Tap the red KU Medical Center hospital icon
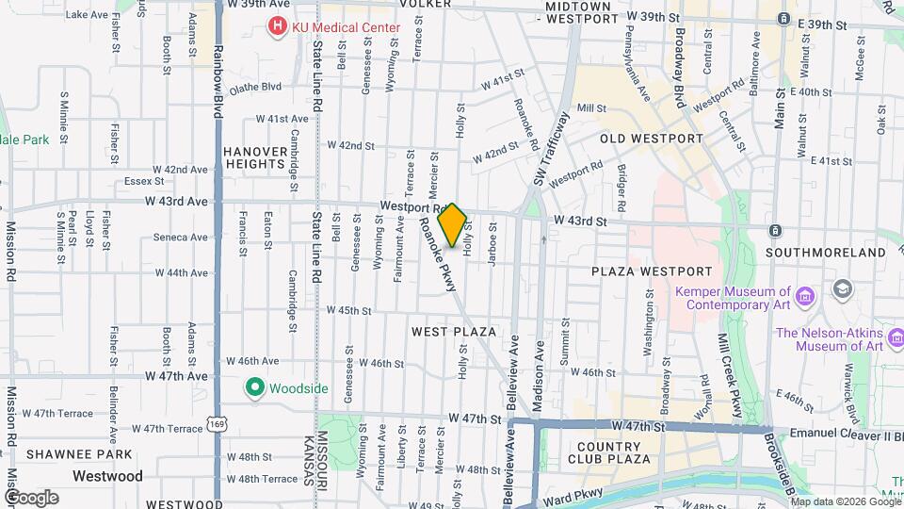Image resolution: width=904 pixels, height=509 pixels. tap(278, 27)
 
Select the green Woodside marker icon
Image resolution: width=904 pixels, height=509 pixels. tap(253, 386)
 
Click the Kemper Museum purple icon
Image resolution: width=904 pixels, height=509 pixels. tap(804, 298)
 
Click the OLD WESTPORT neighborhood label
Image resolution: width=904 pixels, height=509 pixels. tap(652, 139)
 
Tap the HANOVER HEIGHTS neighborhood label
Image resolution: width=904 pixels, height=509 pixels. tap(253, 156)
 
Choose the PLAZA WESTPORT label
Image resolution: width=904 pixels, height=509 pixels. tap(643, 271)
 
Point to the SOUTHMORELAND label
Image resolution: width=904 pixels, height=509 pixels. tap(825, 253)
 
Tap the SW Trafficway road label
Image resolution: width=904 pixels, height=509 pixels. tap(552, 149)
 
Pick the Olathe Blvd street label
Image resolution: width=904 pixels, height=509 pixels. tap(254, 87)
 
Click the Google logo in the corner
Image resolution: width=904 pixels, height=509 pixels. tap(31, 497)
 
